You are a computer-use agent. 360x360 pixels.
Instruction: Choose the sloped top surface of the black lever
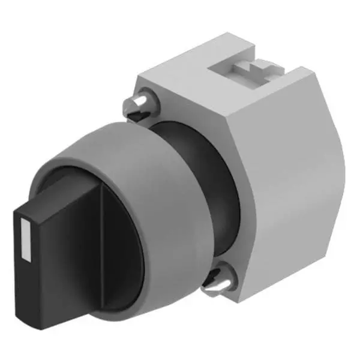(60, 192)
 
